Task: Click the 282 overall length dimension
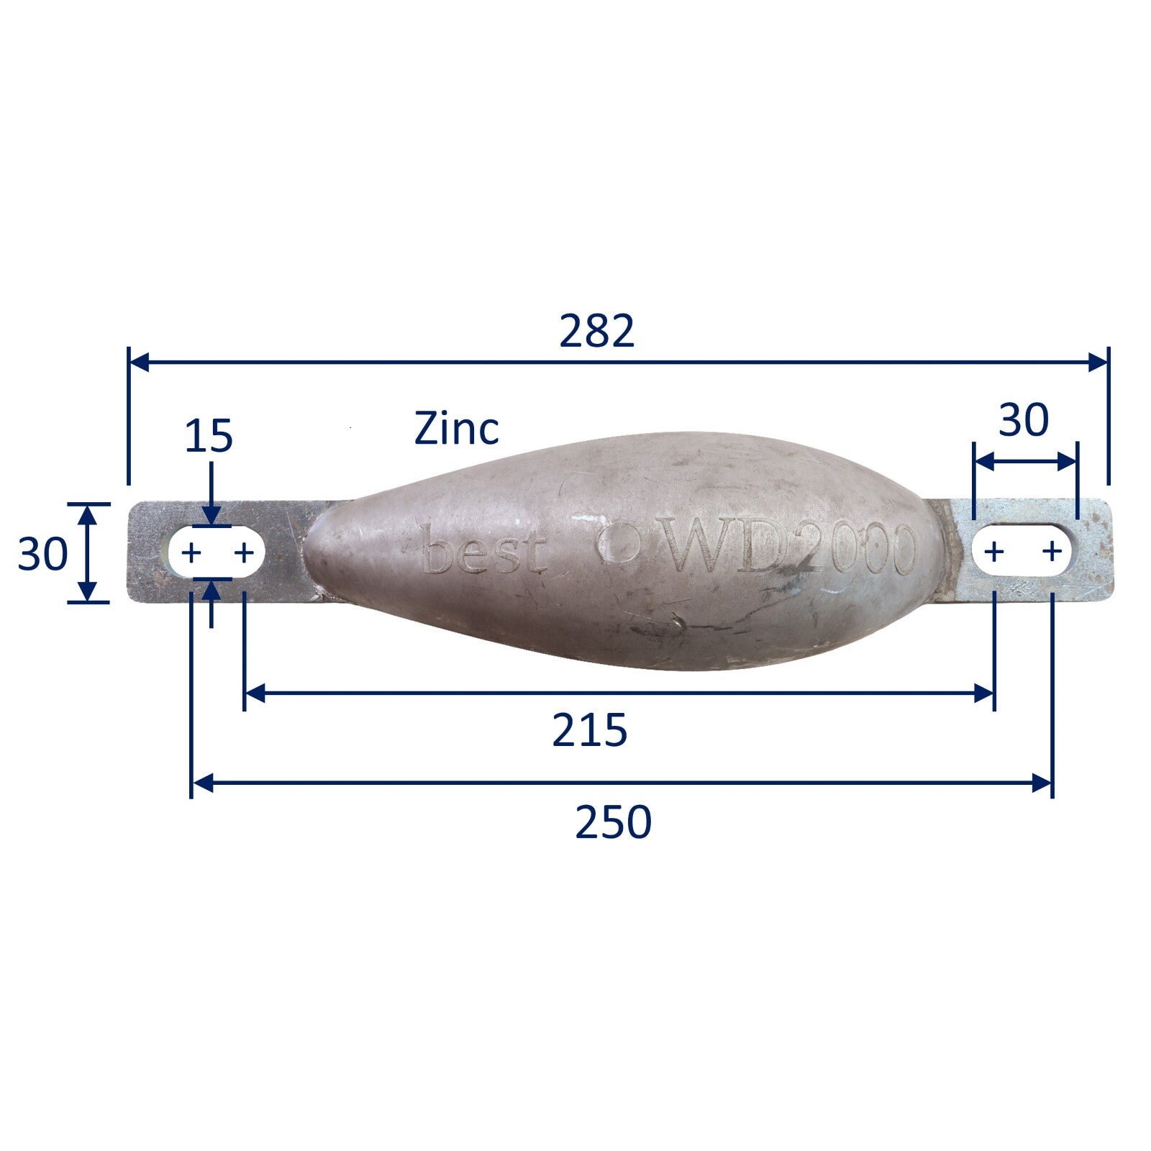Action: (x=597, y=331)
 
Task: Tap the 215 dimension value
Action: (x=590, y=730)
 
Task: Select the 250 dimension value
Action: (x=613, y=822)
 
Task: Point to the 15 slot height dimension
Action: (x=209, y=437)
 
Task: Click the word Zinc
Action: (x=456, y=429)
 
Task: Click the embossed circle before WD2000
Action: (x=619, y=542)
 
